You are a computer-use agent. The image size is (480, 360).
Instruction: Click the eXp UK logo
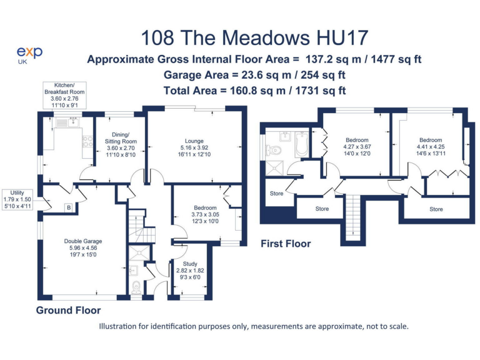click(30, 55)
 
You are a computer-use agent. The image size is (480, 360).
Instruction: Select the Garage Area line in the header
click(254, 75)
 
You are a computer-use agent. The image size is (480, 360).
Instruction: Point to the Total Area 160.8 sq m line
click(254, 90)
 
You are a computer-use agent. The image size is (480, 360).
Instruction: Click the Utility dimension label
click(17, 199)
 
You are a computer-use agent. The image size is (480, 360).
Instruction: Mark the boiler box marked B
click(68, 208)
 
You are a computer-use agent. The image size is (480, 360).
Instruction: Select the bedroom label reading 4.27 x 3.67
click(356, 149)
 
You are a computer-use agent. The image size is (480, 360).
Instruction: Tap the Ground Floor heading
click(68, 310)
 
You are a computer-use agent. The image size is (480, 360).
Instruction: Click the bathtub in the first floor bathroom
click(301, 144)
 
